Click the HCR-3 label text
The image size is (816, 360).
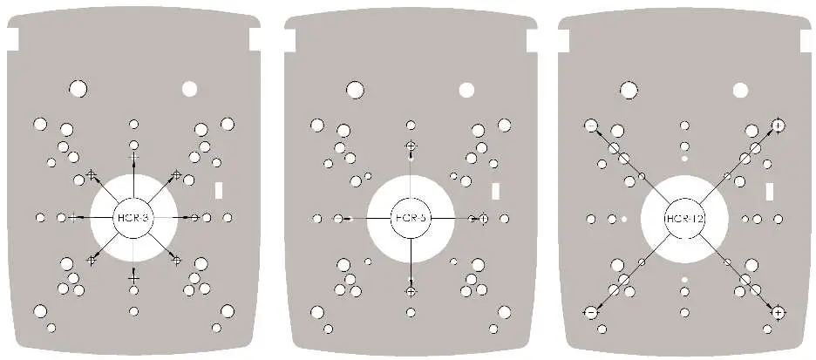click(133, 217)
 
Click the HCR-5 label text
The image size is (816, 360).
click(409, 217)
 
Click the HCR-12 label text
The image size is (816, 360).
click(683, 217)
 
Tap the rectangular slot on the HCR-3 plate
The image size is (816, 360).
click(220, 190)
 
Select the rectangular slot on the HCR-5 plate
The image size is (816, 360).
click(495, 190)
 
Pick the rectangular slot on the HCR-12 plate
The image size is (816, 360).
click(770, 190)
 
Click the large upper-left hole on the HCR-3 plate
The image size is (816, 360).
click(78, 88)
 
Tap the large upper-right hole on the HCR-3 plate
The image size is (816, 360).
click(189, 88)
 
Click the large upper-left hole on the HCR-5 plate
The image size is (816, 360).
click(354, 88)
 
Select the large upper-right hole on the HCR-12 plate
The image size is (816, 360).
click(740, 89)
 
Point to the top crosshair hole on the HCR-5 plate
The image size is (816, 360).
click(411, 146)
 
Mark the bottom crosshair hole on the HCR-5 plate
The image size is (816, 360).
click(411, 290)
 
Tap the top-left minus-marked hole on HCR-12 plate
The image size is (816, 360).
click(591, 126)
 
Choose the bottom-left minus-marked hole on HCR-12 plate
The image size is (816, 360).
click(591, 311)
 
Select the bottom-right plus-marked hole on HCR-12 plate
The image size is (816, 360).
click(778, 311)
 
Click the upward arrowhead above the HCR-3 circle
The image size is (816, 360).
click(133, 156)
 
